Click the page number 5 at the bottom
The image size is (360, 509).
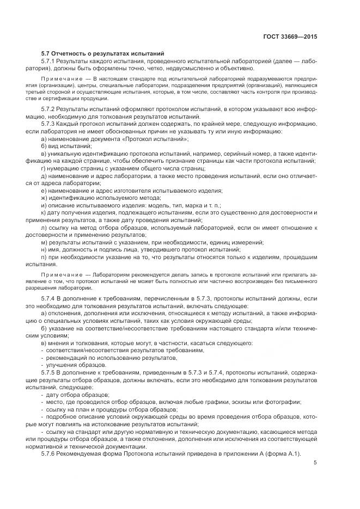coord(315,463)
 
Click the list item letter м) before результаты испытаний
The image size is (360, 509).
coord(44,241)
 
